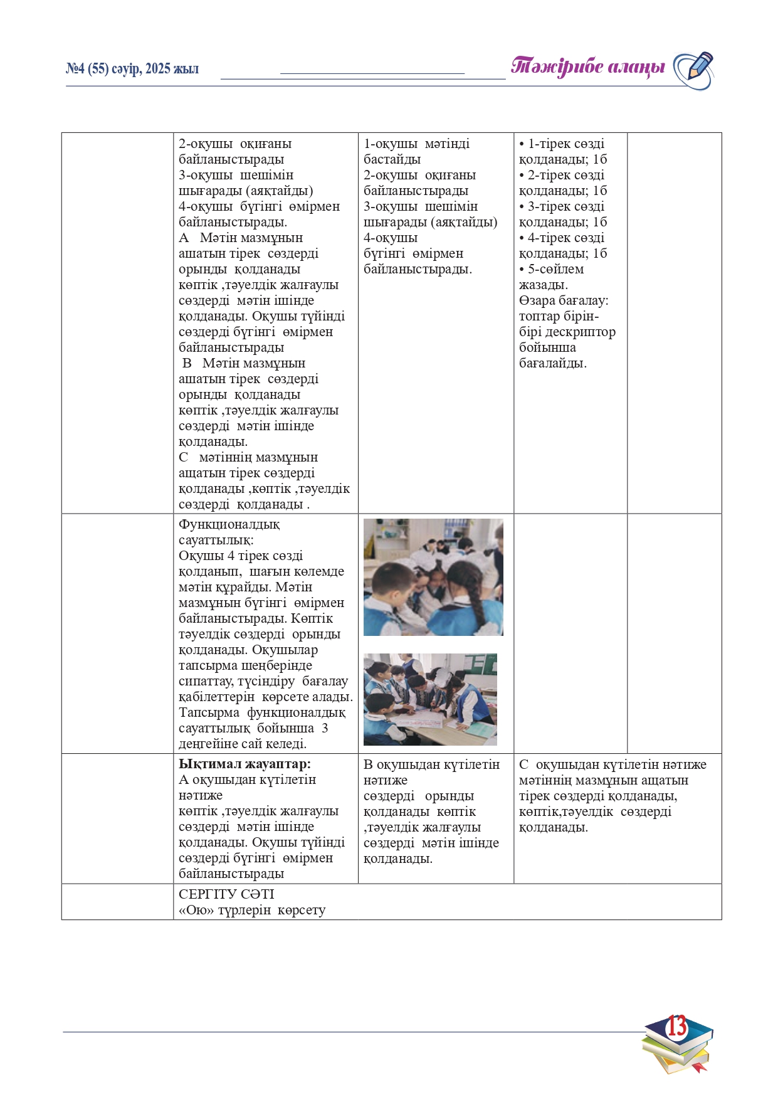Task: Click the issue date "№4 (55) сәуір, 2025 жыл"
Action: [132, 69]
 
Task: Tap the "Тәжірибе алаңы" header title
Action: [587, 66]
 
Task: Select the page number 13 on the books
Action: [676, 1027]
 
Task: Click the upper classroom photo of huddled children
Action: [433, 577]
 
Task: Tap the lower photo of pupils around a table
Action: [430, 699]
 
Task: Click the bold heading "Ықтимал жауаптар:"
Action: [244, 764]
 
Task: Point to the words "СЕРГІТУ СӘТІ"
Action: [226, 894]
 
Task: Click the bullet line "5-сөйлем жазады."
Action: [552, 277]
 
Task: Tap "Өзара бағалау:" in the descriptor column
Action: [563, 300]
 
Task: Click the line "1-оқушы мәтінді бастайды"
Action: [416, 151]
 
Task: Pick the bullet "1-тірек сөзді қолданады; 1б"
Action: [563, 151]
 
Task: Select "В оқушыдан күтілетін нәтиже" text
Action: [431, 772]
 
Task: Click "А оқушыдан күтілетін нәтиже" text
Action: [247, 787]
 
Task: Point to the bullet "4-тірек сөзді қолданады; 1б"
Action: [563, 245]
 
